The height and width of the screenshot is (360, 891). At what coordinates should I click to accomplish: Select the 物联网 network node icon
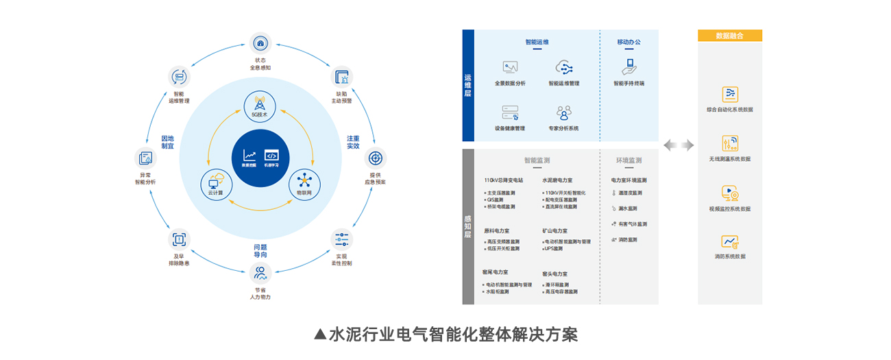click(304, 182)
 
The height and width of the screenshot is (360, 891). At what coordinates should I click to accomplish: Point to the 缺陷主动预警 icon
click(342, 77)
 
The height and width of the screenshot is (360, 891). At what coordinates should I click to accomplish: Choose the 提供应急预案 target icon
click(374, 158)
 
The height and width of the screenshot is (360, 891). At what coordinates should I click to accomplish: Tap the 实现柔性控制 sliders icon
click(342, 240)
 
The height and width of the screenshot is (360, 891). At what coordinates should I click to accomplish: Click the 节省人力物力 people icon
click(260, 274)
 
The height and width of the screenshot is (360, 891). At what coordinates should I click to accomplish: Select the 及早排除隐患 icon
click(179, 239)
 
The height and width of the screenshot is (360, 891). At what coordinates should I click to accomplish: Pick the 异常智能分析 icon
click(145, 158)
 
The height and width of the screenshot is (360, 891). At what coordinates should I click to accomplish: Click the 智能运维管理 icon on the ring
click(179, 77)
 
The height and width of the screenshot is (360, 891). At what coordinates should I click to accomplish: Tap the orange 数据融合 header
click(729, 36)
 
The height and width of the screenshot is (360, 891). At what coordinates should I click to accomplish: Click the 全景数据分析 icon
click(510, 67)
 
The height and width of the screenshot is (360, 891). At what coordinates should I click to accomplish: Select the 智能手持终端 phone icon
click(628, 67)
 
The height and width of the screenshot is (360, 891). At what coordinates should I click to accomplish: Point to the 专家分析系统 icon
click(563, 112)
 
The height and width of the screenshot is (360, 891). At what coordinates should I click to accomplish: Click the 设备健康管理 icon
click(510, 112)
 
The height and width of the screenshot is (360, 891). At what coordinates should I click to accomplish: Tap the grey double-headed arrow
click(679, 145)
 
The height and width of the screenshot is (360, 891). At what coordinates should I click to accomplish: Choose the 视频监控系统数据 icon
click(729, 193)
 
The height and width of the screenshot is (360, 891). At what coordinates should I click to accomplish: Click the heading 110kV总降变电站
click(503, 180)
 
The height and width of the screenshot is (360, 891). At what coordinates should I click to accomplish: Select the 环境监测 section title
click(628, 160)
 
